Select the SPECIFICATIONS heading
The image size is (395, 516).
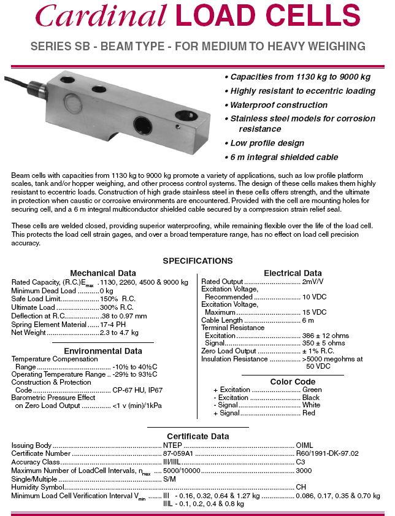[x=197, y=261]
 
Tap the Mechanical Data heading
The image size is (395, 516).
[x=103, y=273]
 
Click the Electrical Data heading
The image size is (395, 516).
[x=293, y=273]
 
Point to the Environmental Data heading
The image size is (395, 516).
[x=103, y=351]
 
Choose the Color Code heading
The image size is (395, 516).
[x=293, y=382]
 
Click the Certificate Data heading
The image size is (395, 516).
[x=198, y=436]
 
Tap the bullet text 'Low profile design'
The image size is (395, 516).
[x=267, y=143]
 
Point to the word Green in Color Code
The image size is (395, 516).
[x=312, y=390]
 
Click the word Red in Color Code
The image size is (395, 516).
[x=309, y=413]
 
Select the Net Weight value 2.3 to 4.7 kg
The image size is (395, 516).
[x=119, y=333]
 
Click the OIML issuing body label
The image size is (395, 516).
[x=305, y=445]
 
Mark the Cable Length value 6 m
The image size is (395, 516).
[x=309, y=320]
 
